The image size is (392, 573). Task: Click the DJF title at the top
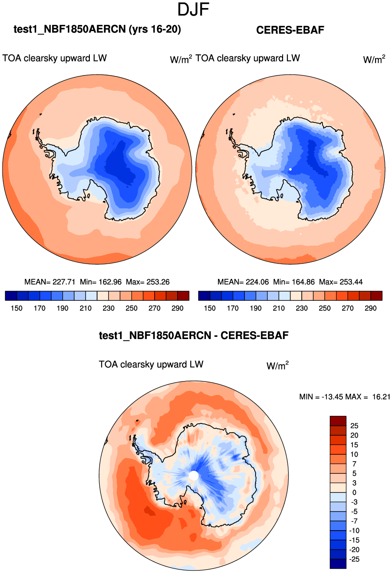pyautogui.click(x=194, y=9)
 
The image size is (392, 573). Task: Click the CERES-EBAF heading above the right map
pyautogui.click(x=290, y=30)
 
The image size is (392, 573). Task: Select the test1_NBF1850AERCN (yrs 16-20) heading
pyautogui.click(x=97, y=29)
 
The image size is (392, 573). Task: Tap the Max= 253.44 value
pyautogui.click(x=341, y=282)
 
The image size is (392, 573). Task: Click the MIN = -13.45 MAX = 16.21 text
pyautogui.click(x=345, y=397)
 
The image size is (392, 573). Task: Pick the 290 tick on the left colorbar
pyautogui.click(x=178, y=308)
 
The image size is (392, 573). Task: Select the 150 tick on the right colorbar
pyautogui.click(x=210, y=308)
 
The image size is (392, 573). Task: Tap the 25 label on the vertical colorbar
pyautogui.click(x=354, y=426)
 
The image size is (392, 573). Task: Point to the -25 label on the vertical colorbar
pyautogui.click(x=354, y=559)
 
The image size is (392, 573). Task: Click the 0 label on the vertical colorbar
pyautogui.click(x=354, y=492)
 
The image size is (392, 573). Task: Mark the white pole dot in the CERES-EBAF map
pyautogui.click(x=290, y=169)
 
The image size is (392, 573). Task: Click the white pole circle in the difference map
pyautogui.click(x=194, y=476)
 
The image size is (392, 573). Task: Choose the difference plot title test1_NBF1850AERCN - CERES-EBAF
pyautogui.click(x=194, y=336)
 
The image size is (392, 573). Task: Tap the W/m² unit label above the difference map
pyautogui.click(x=278, y=365)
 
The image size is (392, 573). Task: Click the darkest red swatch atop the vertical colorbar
pyautogui.click(x=338, y=421)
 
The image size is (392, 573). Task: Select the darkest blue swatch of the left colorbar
pyautogui.click(x=11, y=296)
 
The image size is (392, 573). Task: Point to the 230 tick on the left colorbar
pyautogui.click(x=108, y=308)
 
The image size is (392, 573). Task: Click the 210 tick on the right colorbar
pyautogui.click(x=279, y=308)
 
